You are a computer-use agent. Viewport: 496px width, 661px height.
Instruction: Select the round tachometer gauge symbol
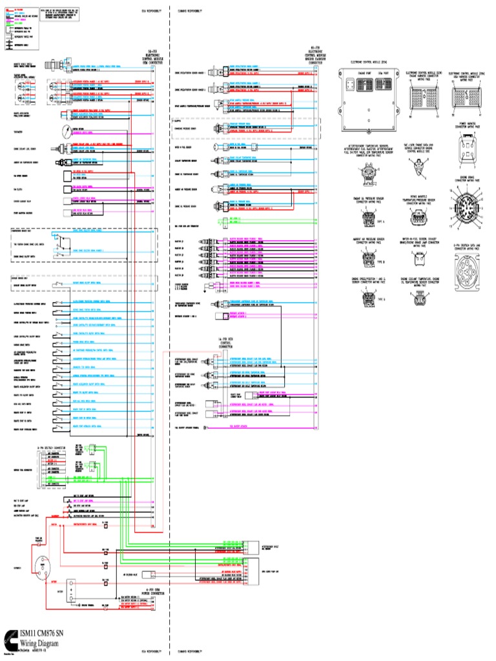coord(63,131)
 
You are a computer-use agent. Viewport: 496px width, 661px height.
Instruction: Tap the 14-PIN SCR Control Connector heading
coord(226,343)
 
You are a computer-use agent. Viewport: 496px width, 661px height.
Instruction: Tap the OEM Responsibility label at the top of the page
coord(153,10)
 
